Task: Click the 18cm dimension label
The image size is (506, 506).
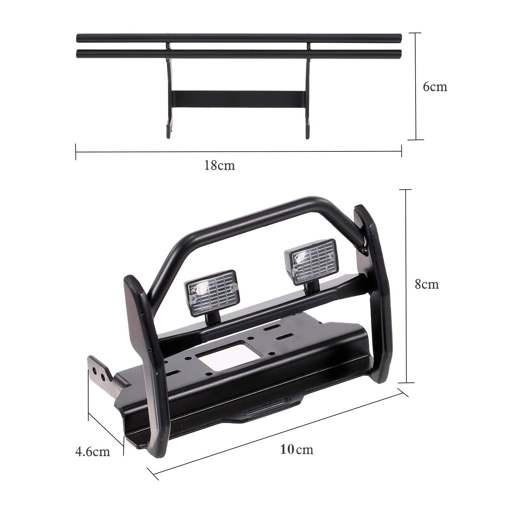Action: point(219,166)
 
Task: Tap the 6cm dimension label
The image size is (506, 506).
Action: point(435,87)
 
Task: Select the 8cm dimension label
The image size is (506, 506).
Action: point(427,285)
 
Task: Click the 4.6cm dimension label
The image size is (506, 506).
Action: point(93,452)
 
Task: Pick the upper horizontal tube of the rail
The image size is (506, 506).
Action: point(239,39)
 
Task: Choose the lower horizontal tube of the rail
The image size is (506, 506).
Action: point(239,54)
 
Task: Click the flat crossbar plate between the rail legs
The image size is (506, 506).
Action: point(239,99)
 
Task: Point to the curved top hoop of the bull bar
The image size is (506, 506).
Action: point(253,218)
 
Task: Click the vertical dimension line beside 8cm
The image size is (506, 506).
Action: point(406,286)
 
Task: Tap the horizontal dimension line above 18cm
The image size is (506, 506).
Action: point(239,152)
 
